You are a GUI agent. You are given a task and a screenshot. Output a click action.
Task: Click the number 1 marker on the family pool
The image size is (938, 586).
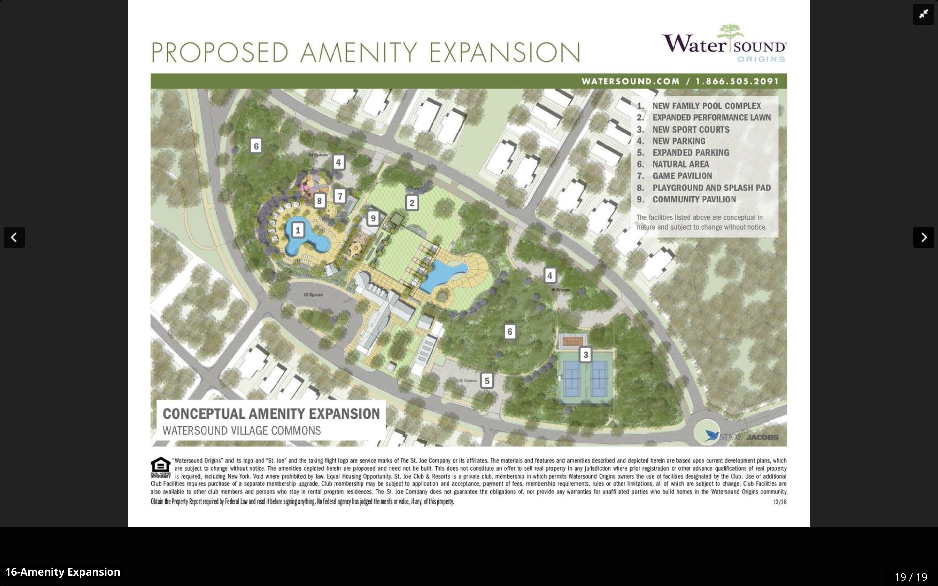(x=298, y=230)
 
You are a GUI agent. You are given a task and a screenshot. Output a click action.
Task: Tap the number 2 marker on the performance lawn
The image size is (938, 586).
(x=412, y=202)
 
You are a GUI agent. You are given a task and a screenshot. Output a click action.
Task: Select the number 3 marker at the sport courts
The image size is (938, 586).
(x=585, y=355)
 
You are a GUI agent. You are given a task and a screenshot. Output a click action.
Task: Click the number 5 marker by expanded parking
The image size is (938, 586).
(x=487, y=381)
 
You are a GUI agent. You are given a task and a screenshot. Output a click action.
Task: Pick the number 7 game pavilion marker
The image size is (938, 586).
(x=340, y=196)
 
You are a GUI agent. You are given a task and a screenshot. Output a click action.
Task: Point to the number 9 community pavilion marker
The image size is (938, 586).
(x=373, y=218)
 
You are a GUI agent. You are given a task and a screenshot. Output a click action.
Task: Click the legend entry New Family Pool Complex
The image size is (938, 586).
(x=706, y=106)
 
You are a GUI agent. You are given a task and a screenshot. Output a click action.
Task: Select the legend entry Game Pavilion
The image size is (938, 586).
(x=682, y=176)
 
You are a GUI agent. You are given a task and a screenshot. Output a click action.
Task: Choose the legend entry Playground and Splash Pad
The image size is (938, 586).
(x=711, y=188)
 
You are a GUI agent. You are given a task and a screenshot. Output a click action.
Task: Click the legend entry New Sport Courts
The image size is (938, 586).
(x=690, y=130)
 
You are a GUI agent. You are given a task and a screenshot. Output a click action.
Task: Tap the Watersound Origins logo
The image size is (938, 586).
(x=724, y=43)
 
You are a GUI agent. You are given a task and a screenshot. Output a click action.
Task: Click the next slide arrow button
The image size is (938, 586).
(x=923, y=237)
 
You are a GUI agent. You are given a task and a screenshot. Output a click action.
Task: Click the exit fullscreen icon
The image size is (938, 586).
(x=923, y=14)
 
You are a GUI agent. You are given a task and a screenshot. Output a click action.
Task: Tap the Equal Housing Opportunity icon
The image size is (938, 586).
(x=161, y=467)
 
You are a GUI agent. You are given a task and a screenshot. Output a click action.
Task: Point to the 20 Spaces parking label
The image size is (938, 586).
(x=313, y=295)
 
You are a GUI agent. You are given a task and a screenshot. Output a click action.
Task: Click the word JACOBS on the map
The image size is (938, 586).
(x=762, y=437)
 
